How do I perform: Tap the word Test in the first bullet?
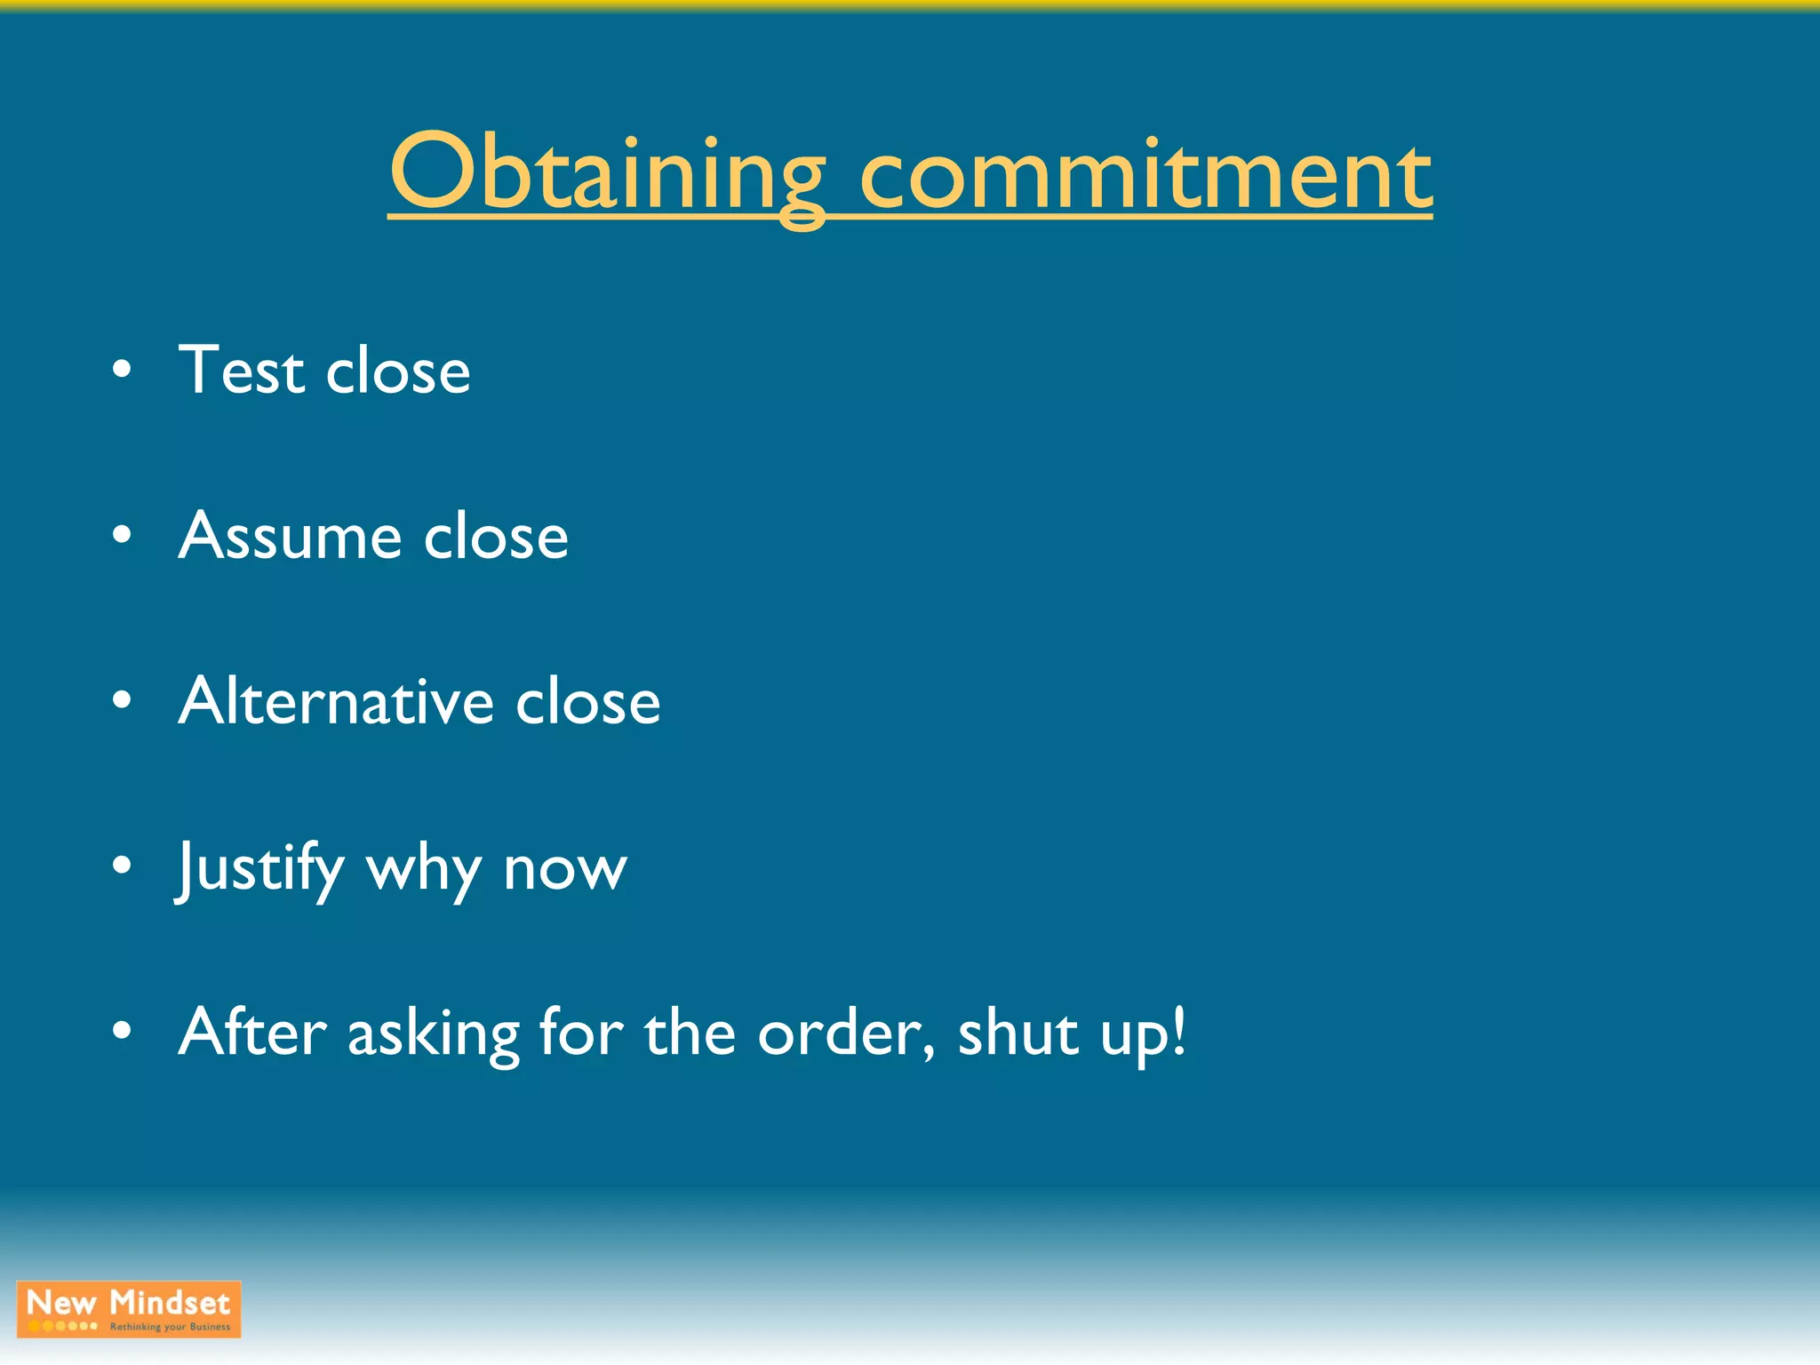[241, 370]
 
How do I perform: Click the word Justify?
[260, 868]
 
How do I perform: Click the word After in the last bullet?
[252, 1033]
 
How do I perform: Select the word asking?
[433, 1035]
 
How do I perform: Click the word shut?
[1018, 1034]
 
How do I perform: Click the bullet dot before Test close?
[123, 370]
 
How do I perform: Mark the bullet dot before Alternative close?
[123, 700]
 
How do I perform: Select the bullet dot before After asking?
[123, 1031]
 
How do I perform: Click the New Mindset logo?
[129, 1309]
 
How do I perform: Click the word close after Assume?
[495, 537]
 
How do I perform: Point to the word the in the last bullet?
[690, 1034]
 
